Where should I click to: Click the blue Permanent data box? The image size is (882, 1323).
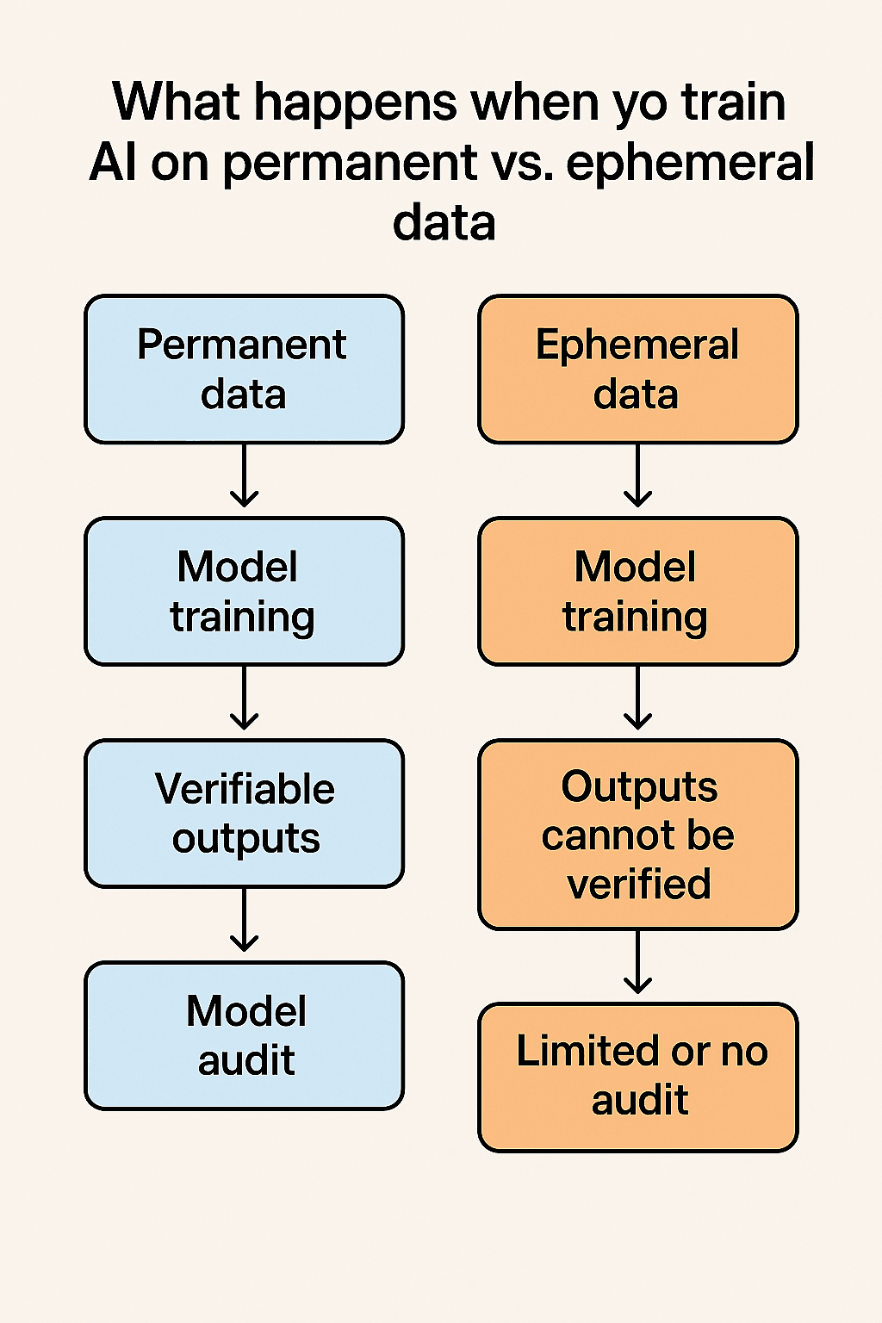244,370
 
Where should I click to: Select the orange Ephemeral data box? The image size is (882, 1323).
637,370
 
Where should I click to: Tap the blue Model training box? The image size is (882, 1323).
244,592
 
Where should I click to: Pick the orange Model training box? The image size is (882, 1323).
637,592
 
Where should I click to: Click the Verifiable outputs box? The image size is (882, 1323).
244,813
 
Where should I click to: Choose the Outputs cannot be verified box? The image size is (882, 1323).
637,835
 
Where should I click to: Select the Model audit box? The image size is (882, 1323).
244,1035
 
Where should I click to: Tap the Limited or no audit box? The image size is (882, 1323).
637,1077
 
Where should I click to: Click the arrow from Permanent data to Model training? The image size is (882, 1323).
245,475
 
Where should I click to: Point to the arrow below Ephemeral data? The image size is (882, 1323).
637,475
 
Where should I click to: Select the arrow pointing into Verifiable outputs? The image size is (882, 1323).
245,698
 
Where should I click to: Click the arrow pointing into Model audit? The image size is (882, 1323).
245,920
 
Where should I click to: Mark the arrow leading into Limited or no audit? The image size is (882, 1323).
637,962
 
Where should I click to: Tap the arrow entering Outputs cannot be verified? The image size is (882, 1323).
637,698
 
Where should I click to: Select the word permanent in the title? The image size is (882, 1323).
350,164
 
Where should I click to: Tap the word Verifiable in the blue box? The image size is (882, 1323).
245,789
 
